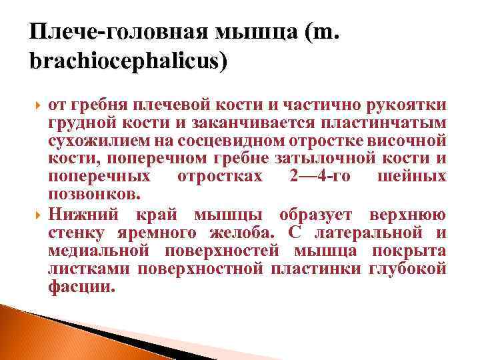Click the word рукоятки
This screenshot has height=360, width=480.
[413, 105]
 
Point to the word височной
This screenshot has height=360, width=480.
[413, 142]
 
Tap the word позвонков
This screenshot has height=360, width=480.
[94, 195]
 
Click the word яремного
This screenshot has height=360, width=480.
[163, 233]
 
